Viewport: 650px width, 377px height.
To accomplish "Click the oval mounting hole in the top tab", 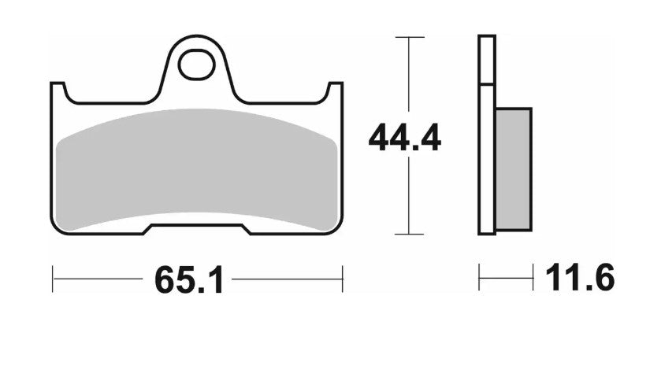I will (x=196, y=66).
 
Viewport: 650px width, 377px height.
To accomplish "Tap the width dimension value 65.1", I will (x=189, y=279).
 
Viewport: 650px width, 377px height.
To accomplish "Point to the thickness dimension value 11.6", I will (x=579, y=278).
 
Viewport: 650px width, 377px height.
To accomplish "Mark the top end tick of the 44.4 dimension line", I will (x=408, y=37).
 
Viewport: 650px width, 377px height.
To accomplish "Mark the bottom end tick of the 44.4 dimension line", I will (x=408, y=234).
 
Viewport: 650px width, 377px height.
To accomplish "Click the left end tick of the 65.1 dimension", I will (x=53, y=279).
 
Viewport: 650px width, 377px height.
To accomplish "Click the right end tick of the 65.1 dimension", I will (x=342, y=279).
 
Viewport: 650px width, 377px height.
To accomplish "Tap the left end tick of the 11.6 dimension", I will (x=479, y=278).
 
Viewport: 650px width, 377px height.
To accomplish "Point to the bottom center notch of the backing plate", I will (x=197, y=228).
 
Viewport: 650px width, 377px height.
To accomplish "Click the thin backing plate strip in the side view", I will (x=487, y=134).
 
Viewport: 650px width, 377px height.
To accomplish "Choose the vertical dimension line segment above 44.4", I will (x=408, y=79).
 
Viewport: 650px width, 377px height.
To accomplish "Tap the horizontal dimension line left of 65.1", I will (x=98, y=279).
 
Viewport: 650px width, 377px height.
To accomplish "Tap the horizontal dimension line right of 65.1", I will (x=288, y=279).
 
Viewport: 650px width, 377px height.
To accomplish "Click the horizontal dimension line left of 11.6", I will (x=504, y=278).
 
